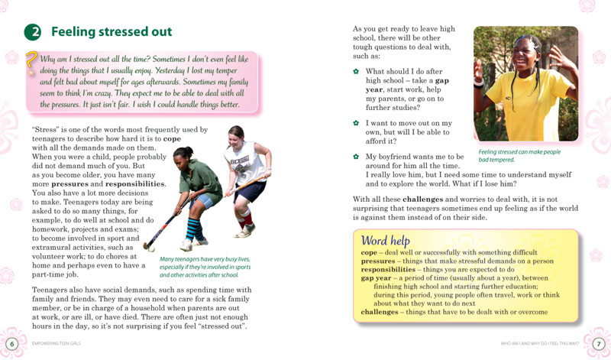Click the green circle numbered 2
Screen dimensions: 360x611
coord(32,32)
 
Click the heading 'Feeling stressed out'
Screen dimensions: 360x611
coord(112,32)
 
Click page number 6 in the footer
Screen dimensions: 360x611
coord(11,341)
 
